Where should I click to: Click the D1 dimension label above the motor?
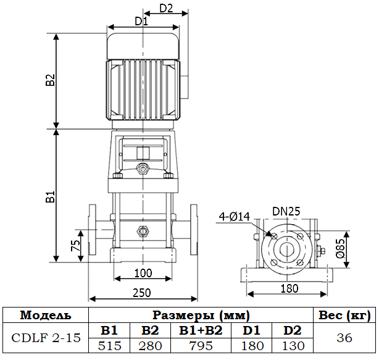[x=141, y=22]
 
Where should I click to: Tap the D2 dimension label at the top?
[x=166, y=9]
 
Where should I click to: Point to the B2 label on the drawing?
[x=51, y=81]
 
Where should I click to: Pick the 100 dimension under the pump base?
[x=143, y=273]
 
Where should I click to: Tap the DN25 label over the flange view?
[x=286, y=211]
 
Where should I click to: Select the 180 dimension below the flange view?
[x=289, y=288]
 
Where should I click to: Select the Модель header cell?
[x=46, y=315]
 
